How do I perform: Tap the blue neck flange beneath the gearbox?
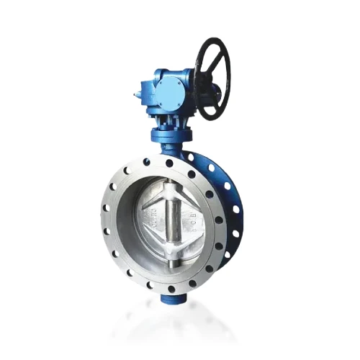[171, 135]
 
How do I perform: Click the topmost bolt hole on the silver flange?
[168, 163]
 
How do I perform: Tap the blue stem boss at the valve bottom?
[171, 289]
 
